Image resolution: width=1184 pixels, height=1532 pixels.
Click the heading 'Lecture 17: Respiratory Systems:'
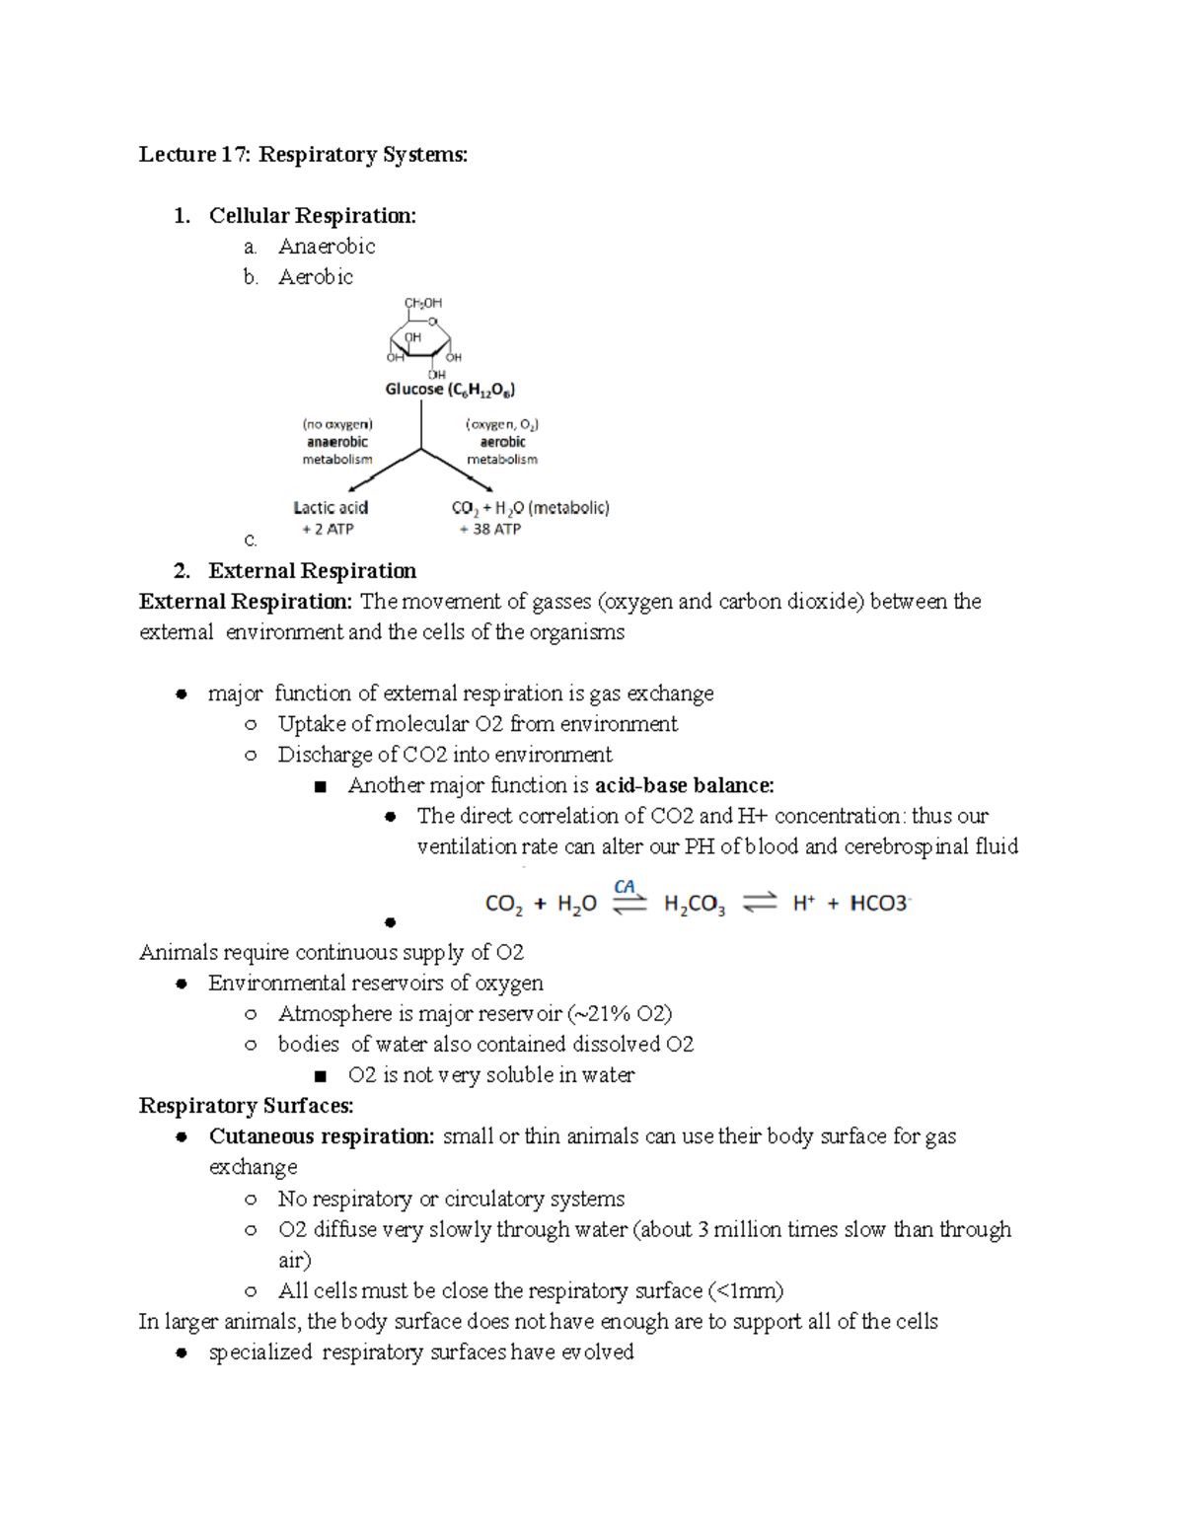pyautogui.click(x=303, y=154)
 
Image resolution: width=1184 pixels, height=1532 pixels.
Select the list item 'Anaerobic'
pyautogui.click(x=327, y=246)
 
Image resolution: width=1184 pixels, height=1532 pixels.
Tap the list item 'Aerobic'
pyautogui.click(x=315, y=276)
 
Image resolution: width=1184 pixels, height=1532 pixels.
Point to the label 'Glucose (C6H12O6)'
pyautogui.click(x=450, y=389)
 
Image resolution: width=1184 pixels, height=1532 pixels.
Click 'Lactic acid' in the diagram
pyautogui.click(x=331, y=507)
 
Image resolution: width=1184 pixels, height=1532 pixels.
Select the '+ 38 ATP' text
pyautogui.click(x=490, y=529)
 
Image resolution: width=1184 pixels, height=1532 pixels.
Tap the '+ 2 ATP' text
pyautogui.click(x=328, y=529)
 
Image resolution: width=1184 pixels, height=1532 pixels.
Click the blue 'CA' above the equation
pyautogui.click(x=625, y=886)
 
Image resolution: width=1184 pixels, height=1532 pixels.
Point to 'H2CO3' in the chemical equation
pyautogui.click(x=695, y=904)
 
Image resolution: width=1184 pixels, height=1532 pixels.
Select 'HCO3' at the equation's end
pyautogui.click(x=879, y=903)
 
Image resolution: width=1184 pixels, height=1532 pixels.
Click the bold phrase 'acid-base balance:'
pyautogui.click(x=685, y=785)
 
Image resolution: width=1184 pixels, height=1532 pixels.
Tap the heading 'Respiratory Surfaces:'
pyautogui.click(x=246, y=1105)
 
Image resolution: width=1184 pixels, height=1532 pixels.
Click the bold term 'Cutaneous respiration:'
pyautogui.click(x=322, y=1135)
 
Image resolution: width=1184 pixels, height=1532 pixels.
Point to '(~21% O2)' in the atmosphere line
pyautogui.click(x=620, y=1013)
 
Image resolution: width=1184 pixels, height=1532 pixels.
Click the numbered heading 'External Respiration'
pyautogui.click(x=312, y=570)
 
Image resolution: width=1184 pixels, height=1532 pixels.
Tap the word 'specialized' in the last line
pyautogui.click(x=260, y=1351)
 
